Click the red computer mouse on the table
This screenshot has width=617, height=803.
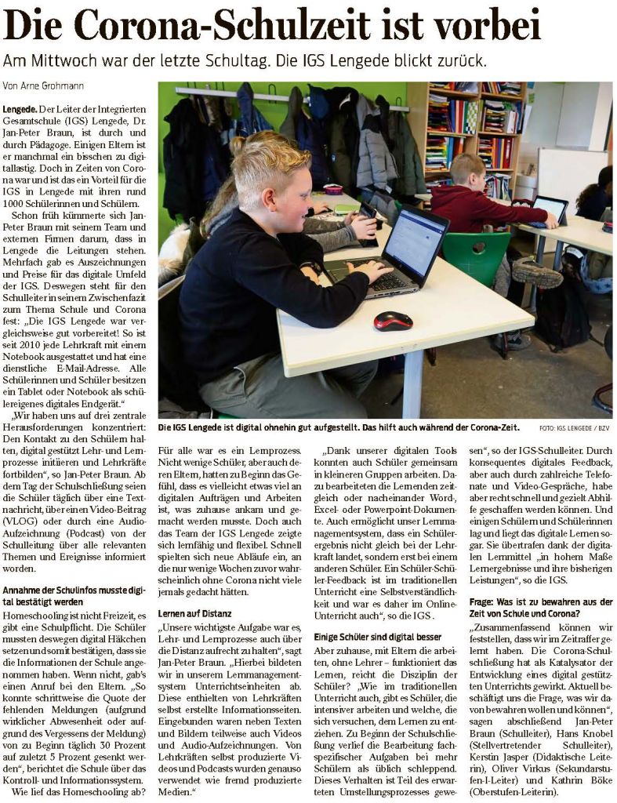(393, 321)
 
